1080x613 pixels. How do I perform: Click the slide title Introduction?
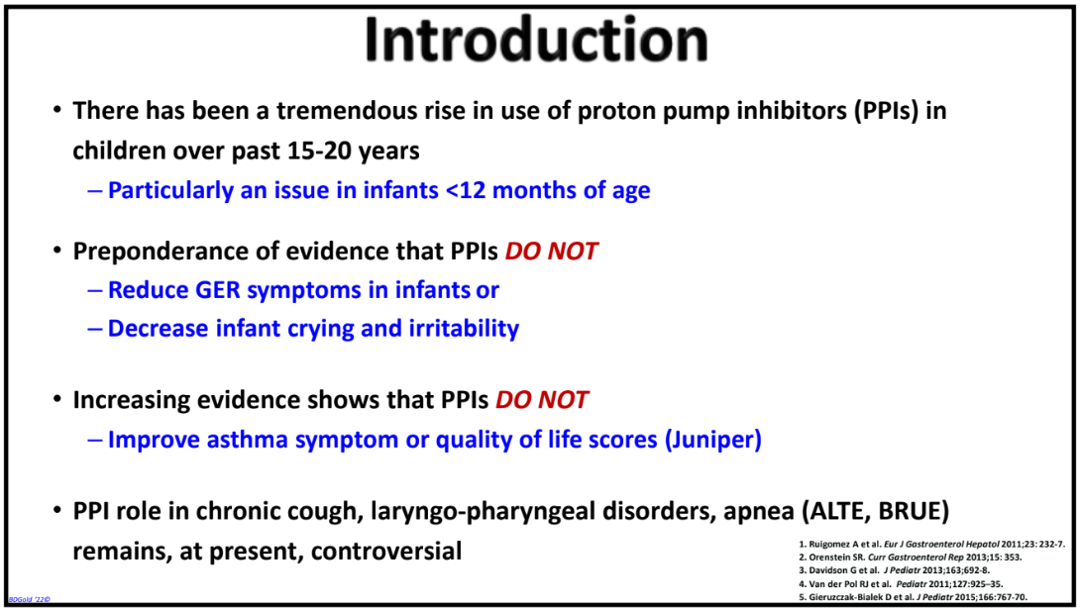coord(536,40)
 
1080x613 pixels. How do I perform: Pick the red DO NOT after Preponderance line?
coord(551,252)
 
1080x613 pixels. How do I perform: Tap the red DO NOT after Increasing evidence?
coord(541,399)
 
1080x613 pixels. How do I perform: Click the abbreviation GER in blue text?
coord(218,290)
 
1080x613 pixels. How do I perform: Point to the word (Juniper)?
coord(712,440)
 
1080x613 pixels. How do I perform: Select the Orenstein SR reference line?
coord(911,558)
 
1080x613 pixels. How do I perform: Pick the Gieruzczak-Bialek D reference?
coord(914,597)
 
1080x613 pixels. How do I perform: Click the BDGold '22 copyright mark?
coord(29,599)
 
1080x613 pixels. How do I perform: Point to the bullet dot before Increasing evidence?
coord(57,399)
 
